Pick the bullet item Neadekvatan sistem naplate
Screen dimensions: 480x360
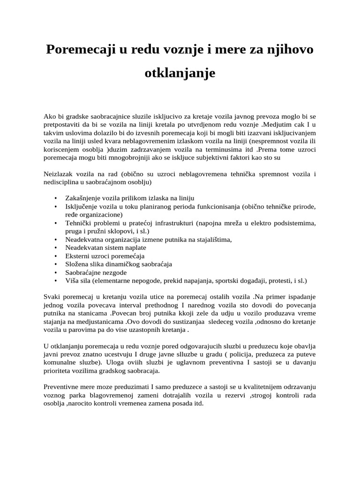106,247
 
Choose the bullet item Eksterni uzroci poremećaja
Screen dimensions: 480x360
105,256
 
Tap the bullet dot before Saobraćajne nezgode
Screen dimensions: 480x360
56,272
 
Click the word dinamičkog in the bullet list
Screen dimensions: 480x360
124,264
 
